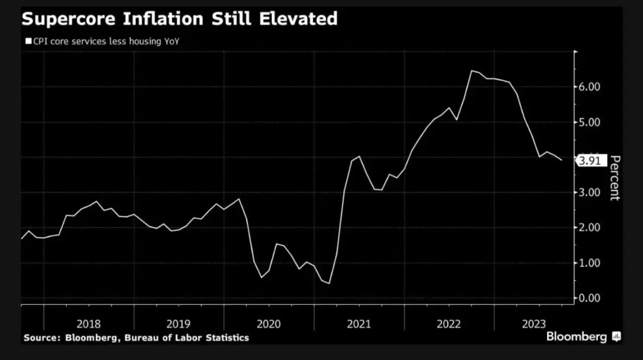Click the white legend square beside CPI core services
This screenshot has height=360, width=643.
click(x=27, y=42)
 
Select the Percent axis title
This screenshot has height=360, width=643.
click(x=615, y=178)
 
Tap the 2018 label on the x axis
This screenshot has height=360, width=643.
click(x=89, y=324)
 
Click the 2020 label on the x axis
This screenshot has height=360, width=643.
click(x=269, y=324)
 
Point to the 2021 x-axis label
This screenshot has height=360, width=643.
click(x=359, y=324)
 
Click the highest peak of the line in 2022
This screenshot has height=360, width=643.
click(x=471, y=70)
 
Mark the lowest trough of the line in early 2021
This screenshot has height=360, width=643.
click(x=329, y=283)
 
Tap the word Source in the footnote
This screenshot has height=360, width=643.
click(x=41, y=338)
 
